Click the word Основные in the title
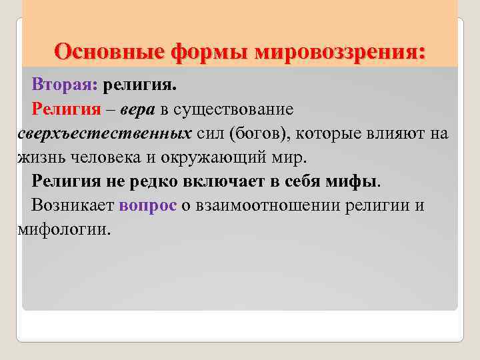click(109, 51)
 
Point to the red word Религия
click(66, 108)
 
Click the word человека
click(103, 157)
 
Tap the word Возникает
click(73, 205)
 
